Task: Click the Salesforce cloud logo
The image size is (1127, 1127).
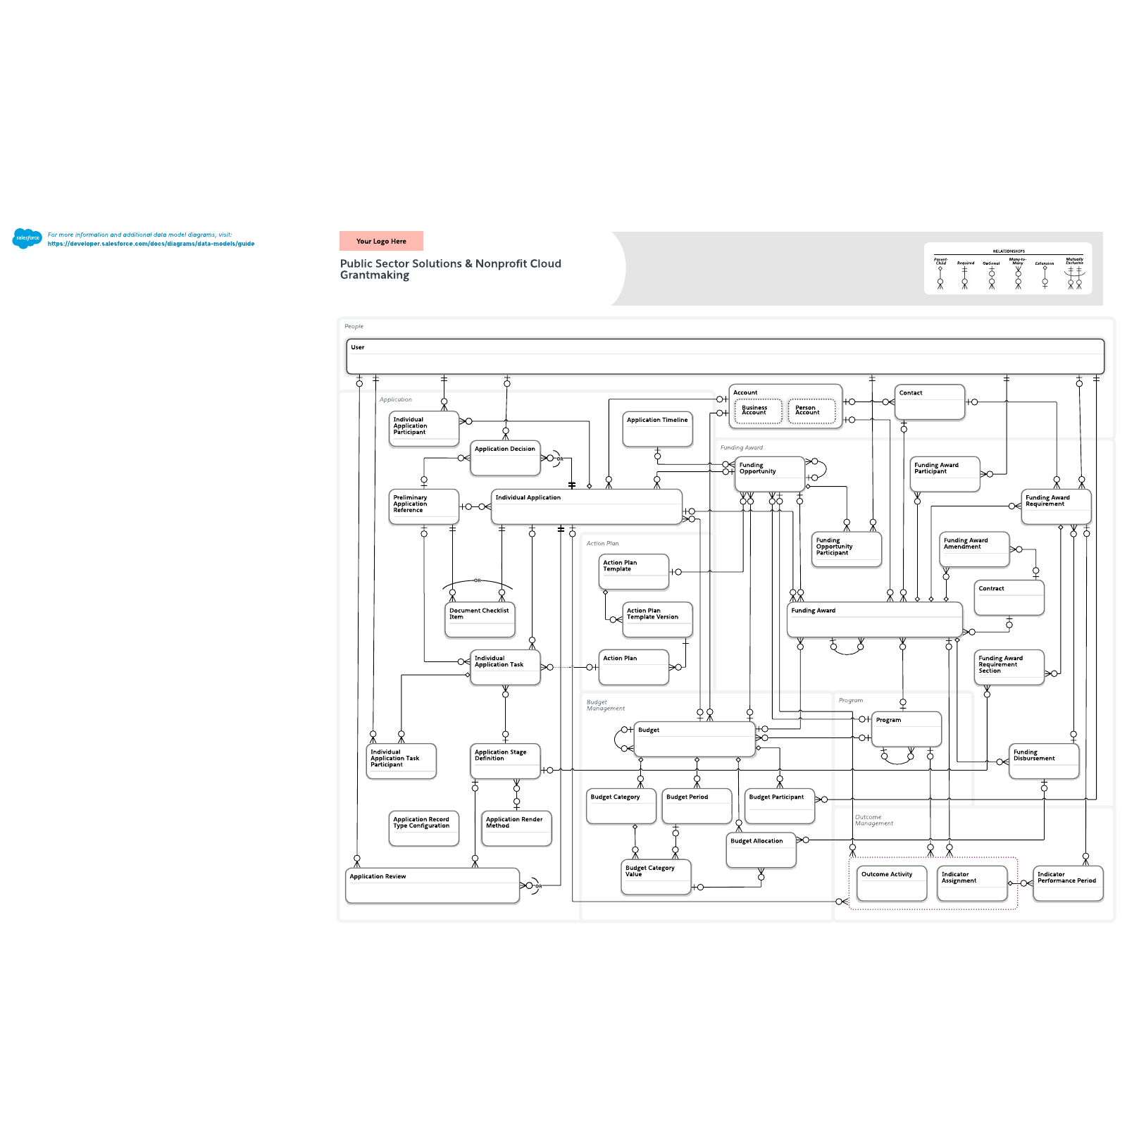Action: coord(27,238)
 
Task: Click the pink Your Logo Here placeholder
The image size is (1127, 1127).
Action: coord(381,241)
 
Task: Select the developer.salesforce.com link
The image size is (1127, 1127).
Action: coord(151,244)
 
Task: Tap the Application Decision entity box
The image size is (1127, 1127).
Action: coord(505,458)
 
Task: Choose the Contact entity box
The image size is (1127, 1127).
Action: coord(930,401)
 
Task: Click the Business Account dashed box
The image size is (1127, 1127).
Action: coord(758,411)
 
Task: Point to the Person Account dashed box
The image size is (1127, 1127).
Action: coord(811,411)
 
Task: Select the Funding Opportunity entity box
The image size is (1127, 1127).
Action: coord(769,474)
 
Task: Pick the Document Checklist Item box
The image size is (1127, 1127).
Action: coord(480,619)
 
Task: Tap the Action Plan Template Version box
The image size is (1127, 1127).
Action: coord(657,619)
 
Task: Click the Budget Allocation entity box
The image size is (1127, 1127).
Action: coord(761,850)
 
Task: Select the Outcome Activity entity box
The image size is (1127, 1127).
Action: coord(891,883)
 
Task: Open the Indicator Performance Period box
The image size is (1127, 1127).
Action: coord(1067,883)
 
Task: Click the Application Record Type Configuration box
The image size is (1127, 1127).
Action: coord(423,828)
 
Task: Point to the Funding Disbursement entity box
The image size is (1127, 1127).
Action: coord(1044,761)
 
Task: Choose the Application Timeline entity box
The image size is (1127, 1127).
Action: coord(657,429)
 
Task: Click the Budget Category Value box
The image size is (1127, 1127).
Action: coord(655,877)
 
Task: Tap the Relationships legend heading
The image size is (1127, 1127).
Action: coord(1009,251)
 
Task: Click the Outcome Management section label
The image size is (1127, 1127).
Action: coord(873,820)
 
